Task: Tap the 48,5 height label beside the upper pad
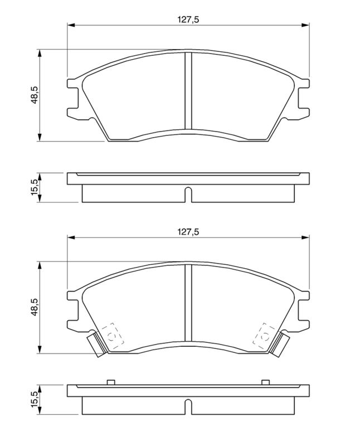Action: (x=35, y=95)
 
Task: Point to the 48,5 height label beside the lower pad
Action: (x=35, y=307)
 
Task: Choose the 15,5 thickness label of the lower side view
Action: (x=35, y=399)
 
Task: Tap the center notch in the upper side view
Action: (x=188, y=195)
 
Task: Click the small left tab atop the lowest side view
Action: (x=110, y=382)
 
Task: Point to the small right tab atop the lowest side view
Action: (x=266, y=382)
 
